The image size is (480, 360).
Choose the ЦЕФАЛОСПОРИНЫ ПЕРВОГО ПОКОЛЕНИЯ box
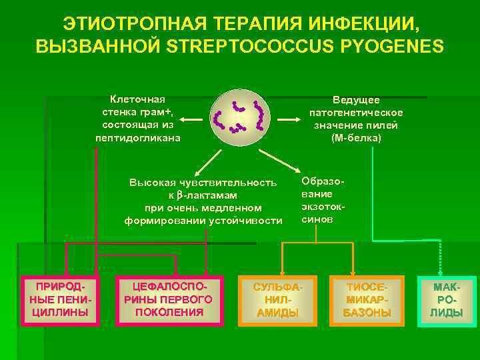168,300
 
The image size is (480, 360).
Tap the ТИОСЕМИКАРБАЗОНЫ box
367,300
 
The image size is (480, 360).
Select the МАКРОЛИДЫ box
447,300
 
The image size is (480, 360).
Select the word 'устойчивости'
246,221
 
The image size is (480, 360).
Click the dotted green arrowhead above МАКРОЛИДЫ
441,269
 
